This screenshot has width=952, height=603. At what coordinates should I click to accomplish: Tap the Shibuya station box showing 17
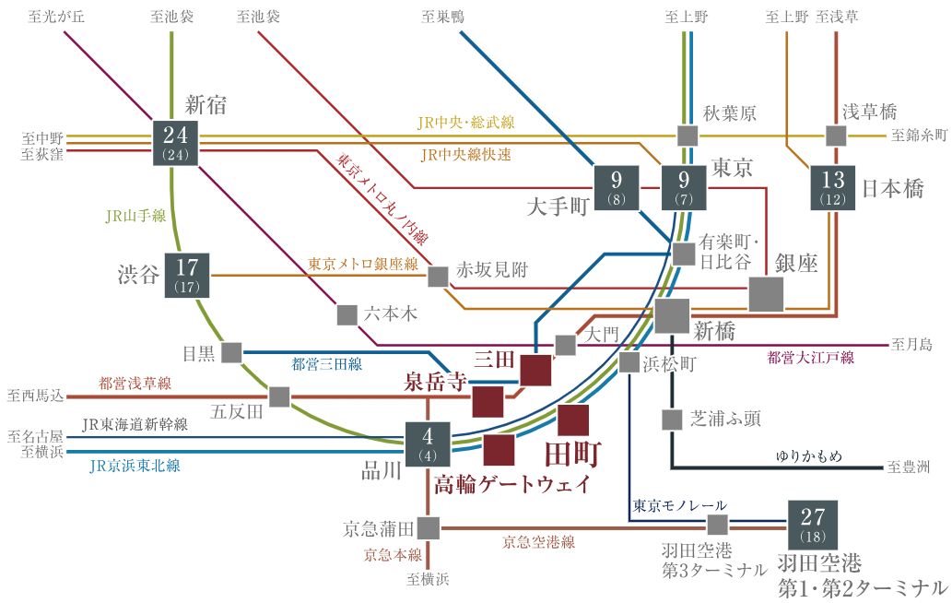click(187, 275)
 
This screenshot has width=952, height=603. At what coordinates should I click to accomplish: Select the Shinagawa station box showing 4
click(428, 443)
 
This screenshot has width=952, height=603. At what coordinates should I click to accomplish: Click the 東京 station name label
click(733, 168)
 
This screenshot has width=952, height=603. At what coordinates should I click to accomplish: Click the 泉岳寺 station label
click(435, 383)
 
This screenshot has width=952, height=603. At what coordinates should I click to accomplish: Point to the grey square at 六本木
click(347, 314)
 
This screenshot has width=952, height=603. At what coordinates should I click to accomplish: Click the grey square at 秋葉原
click(687, 136)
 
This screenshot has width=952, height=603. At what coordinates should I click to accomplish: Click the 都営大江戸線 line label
click(811, 357)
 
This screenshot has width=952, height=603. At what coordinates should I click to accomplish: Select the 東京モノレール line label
click(679, 505)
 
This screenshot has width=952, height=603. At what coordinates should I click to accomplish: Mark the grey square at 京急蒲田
click(428, 528)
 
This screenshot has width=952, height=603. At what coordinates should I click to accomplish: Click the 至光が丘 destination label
click(56, 16)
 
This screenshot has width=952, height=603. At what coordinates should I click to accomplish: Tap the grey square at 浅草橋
click(836, 136)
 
